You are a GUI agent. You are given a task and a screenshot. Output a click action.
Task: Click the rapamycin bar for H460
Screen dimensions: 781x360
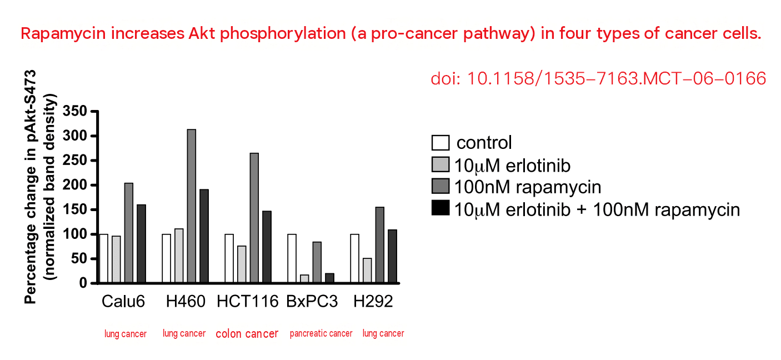coord(192,206)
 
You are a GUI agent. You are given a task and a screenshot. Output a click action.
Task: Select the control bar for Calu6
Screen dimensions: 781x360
coord(103,258)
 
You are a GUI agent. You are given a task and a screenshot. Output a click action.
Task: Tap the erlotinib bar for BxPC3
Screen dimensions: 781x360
coord(304,279)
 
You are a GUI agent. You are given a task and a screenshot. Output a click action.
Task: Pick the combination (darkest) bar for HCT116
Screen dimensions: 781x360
coord(267,247)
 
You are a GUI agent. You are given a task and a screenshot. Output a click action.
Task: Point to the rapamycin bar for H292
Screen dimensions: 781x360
coord(380,244)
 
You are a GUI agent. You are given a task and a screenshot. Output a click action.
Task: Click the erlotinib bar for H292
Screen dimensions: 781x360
coord(367,271)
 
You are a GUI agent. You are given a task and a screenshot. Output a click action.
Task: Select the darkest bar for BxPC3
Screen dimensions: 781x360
coord(329,278)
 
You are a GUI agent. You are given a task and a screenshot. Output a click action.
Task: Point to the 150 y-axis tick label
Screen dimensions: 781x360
coord(74,209)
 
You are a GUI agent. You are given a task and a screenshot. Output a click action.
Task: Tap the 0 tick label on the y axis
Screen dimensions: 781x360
coord(83,283)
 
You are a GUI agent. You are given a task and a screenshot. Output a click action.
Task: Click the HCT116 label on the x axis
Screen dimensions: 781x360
coord(248,302)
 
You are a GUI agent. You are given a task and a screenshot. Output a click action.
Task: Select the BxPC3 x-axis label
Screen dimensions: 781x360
coord(312,302)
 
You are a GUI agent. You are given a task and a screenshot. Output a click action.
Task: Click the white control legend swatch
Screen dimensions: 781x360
coord(440,143)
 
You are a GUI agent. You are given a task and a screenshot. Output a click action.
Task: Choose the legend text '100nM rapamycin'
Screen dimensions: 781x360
coord(528,187)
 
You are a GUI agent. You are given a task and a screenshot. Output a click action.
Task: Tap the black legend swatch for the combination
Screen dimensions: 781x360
coord(440,208)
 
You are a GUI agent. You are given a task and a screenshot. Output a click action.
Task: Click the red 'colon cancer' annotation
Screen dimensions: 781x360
coord(247,334)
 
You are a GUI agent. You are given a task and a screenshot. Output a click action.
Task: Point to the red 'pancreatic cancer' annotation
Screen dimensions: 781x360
coord(321,333)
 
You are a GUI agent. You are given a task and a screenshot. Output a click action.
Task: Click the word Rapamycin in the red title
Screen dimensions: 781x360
coord(63,34)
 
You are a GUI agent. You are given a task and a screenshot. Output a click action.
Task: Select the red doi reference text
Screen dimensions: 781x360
coord(598,78)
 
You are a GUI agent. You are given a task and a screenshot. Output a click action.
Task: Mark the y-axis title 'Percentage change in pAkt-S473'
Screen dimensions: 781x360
coord(31,187)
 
